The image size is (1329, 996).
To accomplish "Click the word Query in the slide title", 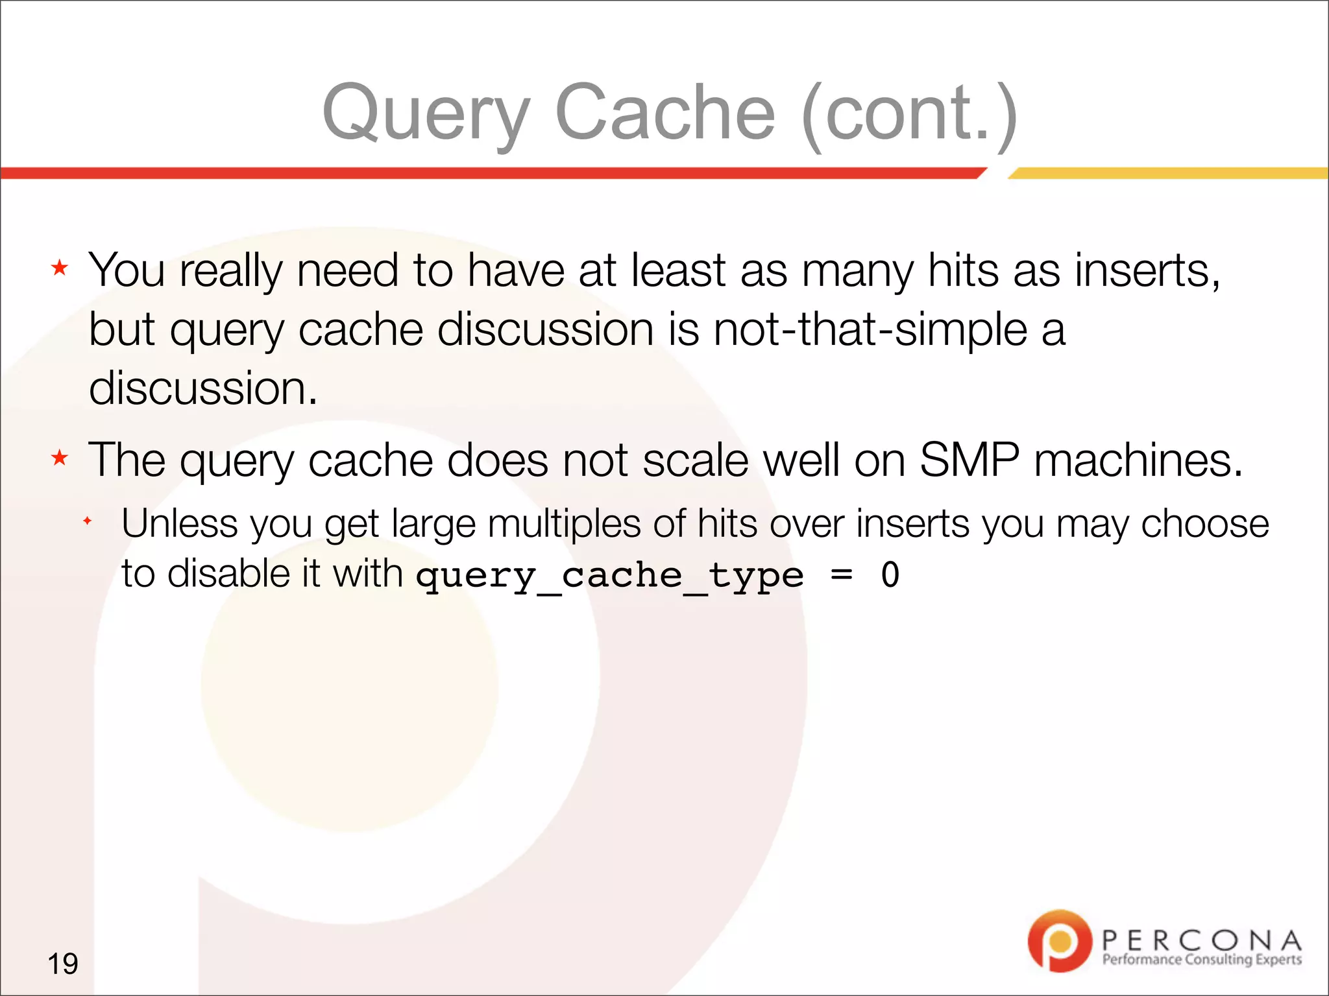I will (x=426, y=115).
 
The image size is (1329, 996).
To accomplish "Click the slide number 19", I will (x=63, y=964).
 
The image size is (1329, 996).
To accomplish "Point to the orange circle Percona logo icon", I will (x=1059, y=941).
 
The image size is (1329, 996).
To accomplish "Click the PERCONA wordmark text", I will (x=1201, y=940).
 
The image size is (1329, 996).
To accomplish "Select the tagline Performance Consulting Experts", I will (x=1202, y=960).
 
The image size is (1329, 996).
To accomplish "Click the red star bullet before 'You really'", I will (x=60, y=268).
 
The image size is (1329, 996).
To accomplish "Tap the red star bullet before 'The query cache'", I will (x=60, y=458).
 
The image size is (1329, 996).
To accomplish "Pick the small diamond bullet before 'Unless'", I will (x=88, y=521).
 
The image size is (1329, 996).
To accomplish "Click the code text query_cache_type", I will (x=609, y=576).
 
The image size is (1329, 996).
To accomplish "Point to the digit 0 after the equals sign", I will (x=890, y=575).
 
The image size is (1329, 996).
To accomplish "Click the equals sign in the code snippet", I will (x=842, y=575).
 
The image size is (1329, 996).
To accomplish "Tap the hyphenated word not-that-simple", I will (x=870, y=329).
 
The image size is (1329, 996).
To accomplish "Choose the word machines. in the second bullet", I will (x=1138, y=460).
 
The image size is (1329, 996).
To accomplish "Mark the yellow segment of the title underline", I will (x=1168, y=173).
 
